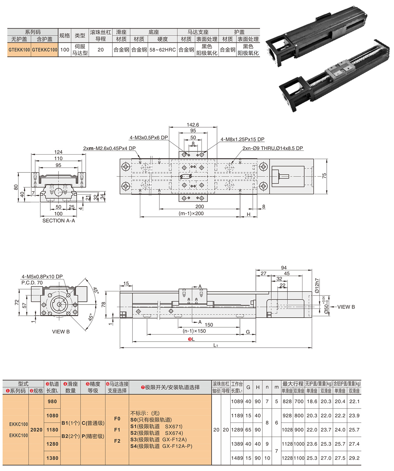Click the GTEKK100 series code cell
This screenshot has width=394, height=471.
point(19,50)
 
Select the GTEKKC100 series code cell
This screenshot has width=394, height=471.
point(45,50)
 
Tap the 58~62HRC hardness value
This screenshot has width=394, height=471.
point(162,50)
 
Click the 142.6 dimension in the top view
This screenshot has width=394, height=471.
point(193,125)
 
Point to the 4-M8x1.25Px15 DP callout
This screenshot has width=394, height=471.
point(242,139)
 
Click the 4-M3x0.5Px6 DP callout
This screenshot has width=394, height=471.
point(149,138)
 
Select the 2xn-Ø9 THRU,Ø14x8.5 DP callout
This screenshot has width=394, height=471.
point(272,148)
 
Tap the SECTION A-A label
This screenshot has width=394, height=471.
point(58,221)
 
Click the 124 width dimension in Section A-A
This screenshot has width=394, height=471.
point(58,152)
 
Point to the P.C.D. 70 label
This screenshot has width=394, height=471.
point(32,282)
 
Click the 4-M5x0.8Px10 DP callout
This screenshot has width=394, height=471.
point(42,276)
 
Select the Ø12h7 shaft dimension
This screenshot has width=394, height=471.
point(317,286)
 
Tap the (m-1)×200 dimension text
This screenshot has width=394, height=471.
point(191,213)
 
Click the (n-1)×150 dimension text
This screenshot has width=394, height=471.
point(194,331)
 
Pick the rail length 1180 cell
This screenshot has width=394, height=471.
point(52,430)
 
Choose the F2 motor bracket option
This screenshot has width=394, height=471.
point(117,441)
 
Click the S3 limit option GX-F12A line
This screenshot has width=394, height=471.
point(159,439)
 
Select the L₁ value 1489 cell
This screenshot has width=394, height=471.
point(237,458)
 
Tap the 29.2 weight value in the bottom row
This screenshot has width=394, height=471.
point(354,458)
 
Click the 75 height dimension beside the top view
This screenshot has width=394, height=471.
point(324,176)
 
